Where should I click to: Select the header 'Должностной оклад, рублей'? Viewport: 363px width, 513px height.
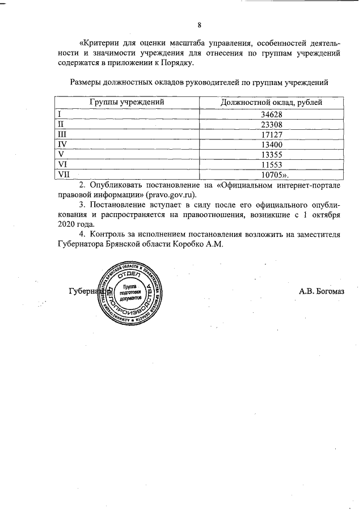271,103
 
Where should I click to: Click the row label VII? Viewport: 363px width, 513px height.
64,175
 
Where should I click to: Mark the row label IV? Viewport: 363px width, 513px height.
62,144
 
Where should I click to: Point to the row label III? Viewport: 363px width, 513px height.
62,134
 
